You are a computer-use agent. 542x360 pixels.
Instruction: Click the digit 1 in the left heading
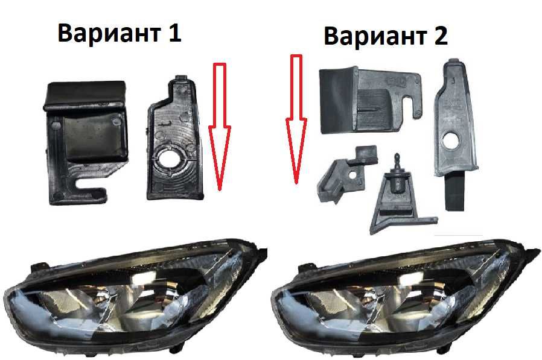click(174, 33)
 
